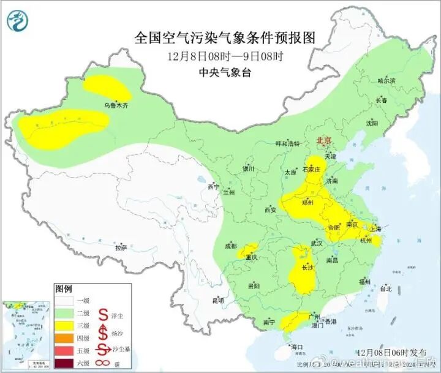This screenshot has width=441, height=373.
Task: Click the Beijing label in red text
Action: pyautogui.click(x=323, y=141)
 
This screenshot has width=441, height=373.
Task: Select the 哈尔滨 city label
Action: pyautogui.click(x=386, y=81)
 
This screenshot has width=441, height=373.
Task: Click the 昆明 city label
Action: pyautogui.click(x=218, y=301)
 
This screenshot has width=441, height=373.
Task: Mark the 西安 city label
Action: pyautogui.click(x=270, y=210)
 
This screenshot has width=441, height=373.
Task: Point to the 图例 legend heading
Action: pyautogui.click(x=64, y=288)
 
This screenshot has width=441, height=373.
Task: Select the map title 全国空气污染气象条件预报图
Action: pyautogui.click(x=227, y=38)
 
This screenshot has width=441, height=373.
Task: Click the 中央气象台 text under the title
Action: pyautogui.click(x=226, y=72)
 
